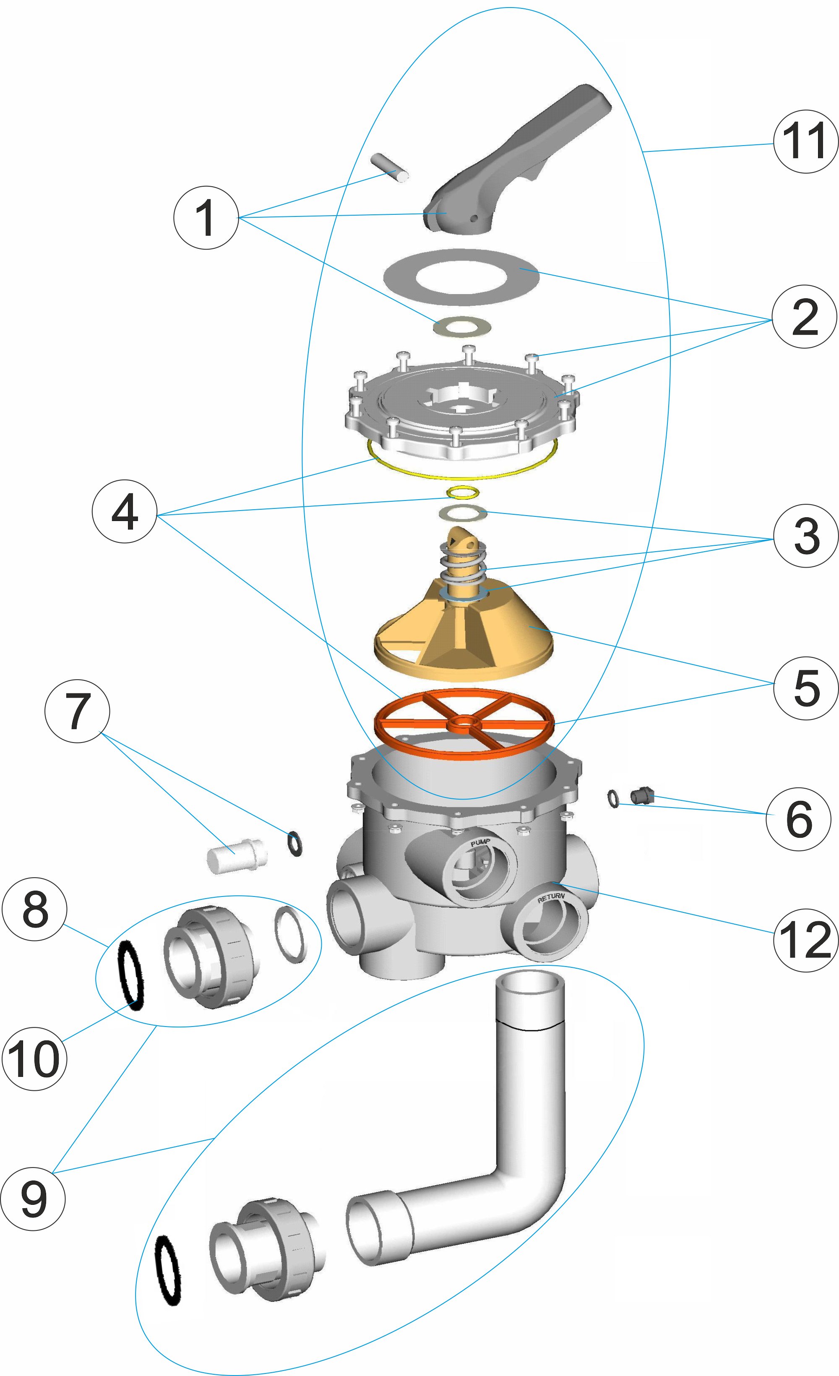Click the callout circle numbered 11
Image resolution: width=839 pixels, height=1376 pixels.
pyautogui.click(x=805, y=141)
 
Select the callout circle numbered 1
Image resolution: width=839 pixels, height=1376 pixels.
pyautogui.click(x=206, y=217)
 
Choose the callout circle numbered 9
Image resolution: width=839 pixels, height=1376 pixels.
pyautogui.click(x=33, y=1198)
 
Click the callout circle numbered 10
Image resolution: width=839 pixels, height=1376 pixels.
pyautogui.click(x=34, y=1058)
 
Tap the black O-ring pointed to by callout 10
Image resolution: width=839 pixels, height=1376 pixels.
pyautogui.click(x=131, y=975)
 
